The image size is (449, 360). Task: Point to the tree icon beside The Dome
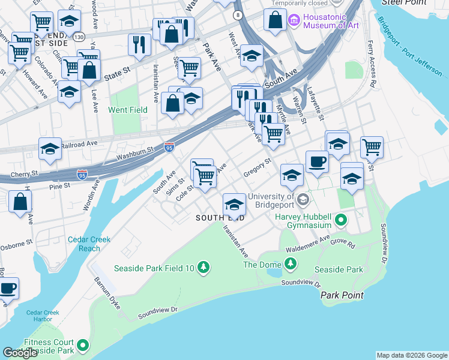pyautogui.click(x=291, y=264)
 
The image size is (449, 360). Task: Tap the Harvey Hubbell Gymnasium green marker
pyautogui.click(x=341, y=220)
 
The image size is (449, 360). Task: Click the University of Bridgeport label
pyautogui.click(x=271, y=201)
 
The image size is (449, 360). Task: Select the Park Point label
pyautogui.click(x=342, y=295)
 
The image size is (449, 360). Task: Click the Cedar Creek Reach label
pyautogui.click(x=89, y=244)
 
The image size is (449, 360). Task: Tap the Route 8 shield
pyautogui.click(x=238, y=14)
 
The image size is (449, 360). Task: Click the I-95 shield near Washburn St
pyautogui.click(x=169, y=146)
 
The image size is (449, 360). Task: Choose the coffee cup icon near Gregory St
pyautogui.click(x=316, y=161)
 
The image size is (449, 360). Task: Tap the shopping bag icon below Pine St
pyautogui.click(x=20, y=202)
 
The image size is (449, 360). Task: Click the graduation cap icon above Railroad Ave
pyautogui.click(x=50, y=149)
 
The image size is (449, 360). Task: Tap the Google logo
pyautogui.click(x=20, y=353)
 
